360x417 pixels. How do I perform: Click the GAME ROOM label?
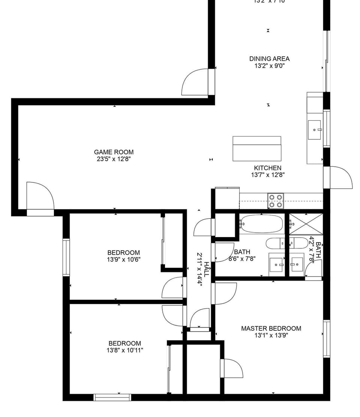114,152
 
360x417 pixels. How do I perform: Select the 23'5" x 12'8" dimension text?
114,159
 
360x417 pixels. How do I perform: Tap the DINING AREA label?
269,59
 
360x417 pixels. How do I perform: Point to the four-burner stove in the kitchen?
276,200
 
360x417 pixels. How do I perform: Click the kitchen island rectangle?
257,148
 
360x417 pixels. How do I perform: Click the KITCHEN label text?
268,168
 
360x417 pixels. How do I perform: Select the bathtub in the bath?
261,224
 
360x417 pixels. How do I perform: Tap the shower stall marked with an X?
306,224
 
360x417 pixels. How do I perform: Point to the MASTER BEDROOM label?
271,329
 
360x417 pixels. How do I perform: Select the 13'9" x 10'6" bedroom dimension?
123,259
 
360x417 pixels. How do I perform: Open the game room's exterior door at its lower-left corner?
40,197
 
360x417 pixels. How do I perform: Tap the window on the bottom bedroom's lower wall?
112,397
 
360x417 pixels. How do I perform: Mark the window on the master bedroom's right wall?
327,339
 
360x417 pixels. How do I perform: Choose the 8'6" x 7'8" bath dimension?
242,259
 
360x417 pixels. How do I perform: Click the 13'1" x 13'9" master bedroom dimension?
271,335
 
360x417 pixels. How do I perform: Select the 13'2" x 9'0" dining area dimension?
269,66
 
